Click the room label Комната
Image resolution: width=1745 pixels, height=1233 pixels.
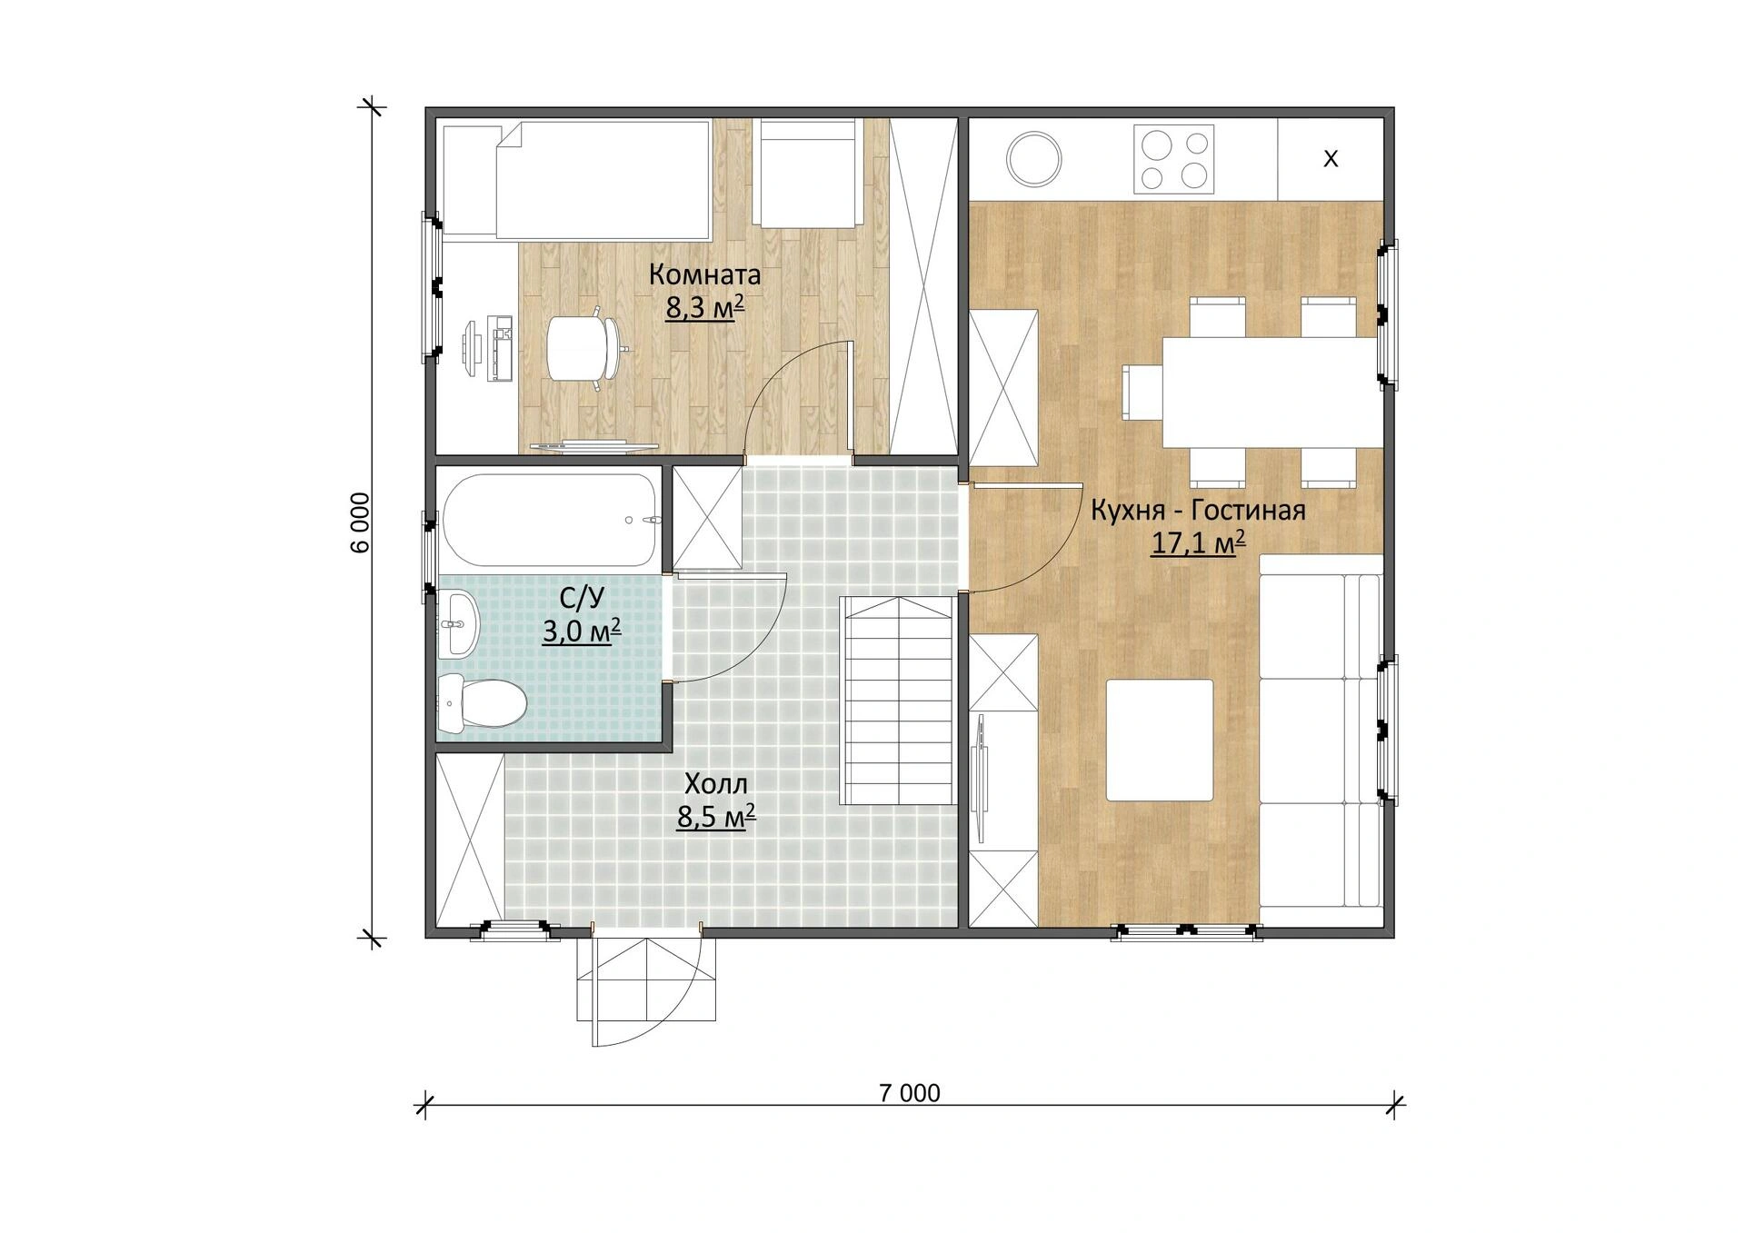(x=704, y=274)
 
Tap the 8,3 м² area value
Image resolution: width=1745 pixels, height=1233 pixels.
(x=705, y=307)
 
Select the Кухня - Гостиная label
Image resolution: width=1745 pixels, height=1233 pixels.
(x=1198, y=510)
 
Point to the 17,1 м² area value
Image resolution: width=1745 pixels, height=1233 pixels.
(x=1198, y=542)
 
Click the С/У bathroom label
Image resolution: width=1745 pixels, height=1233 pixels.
(x=582, y=598)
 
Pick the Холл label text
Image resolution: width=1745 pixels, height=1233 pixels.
(x=716, y=784)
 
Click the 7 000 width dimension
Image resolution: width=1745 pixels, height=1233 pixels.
(x=910, y=1093)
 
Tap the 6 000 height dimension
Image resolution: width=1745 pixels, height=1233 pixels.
(x=360, y=522)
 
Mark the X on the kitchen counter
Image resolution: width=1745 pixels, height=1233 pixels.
(x=1331, y=159)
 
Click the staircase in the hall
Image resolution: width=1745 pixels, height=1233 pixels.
(x=897, y=701)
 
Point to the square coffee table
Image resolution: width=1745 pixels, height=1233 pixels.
(x=1160, y=740)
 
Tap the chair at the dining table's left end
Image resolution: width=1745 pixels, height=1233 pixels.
(x=1143, y=393)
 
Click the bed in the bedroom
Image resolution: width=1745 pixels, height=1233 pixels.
(x=603, y=180)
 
